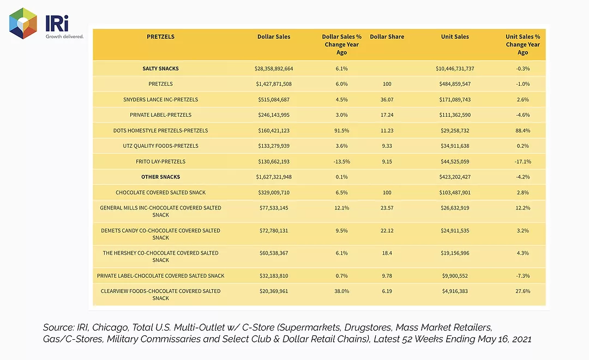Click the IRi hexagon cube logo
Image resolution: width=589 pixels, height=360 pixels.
[23, 23]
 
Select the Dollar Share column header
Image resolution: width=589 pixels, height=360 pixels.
[387, 37]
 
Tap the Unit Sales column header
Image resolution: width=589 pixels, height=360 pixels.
[455, 37]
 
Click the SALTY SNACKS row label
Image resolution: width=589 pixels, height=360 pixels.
[160, 68]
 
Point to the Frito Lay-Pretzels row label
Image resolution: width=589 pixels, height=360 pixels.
[160, 161]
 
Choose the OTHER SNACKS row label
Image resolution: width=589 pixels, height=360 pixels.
[160, 177]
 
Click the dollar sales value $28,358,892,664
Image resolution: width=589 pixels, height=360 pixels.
[274, 68]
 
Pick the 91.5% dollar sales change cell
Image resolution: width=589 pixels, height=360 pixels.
[342, 130]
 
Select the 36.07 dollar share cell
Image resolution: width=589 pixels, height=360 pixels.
[387, 100]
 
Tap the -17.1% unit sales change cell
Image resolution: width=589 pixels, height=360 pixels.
[523, 161]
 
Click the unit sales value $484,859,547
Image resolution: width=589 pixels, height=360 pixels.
[455, 84]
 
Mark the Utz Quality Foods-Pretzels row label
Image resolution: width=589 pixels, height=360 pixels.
[160, 146]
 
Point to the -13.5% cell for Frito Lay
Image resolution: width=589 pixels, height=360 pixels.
[342, 161]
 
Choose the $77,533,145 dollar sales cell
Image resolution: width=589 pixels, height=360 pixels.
[274, 208]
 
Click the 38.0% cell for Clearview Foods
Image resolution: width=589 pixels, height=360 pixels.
[342, 291]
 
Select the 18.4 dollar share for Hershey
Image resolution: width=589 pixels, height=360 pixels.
[387, 253]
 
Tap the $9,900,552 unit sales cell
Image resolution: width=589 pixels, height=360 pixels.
[455, 276]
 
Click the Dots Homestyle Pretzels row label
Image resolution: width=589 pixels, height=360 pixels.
[160, 130]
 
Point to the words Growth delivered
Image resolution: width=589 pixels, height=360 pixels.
[64, 37]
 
